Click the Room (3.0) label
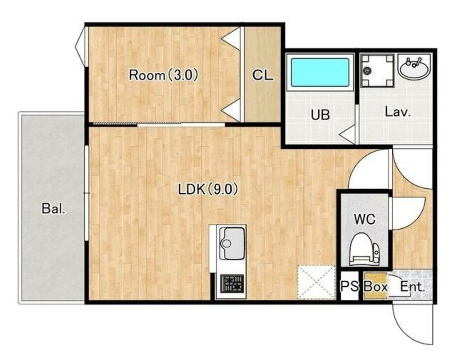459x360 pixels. [164, 75]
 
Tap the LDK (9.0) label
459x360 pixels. [208, 189]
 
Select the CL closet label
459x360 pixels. [263, 75]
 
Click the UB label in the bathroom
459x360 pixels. [320, 114]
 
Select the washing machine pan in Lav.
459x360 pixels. [377, 70]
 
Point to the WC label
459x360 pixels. [364, 219]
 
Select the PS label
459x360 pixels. [350, 286]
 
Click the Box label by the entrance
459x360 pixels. [376, 286]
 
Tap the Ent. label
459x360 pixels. [412, 286]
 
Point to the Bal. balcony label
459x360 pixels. [53, 208]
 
